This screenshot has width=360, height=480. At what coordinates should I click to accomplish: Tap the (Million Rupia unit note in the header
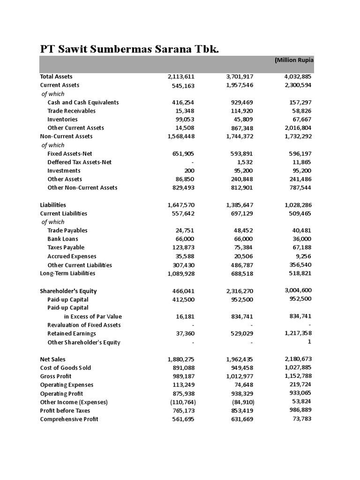click(x=294, y=60)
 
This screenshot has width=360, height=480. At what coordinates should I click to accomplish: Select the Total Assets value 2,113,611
click(x=181, y=76)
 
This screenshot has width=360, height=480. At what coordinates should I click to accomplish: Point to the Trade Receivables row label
click(x=71, y=111)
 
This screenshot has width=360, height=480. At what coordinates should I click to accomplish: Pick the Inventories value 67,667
click(x=300, y=119)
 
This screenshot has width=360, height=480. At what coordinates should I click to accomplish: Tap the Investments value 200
click(x=189, y=171)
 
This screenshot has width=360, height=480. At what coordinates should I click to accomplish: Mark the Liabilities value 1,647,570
click(x=181, y=205)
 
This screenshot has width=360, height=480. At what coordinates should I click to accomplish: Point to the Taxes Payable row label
click(x=66, y=247)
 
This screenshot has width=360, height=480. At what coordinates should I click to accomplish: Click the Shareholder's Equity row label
click(x=68, y=291)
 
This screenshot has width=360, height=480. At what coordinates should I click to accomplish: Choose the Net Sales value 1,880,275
click(x=181, y=359)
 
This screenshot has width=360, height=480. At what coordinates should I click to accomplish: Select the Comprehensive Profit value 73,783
click(x=301, y=419)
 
